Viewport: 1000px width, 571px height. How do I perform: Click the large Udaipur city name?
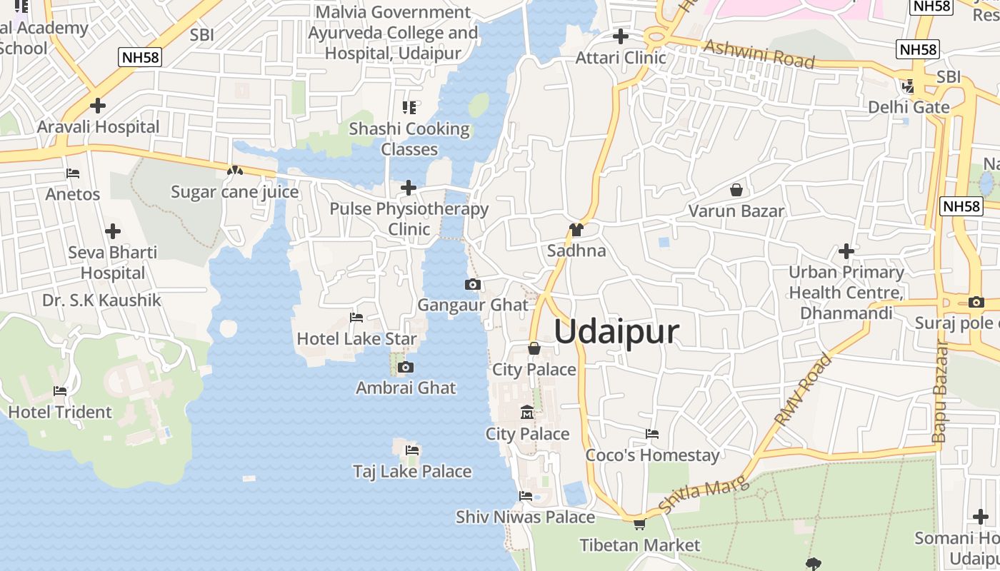click(616, 333)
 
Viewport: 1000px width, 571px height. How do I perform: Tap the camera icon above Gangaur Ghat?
click(472, 285)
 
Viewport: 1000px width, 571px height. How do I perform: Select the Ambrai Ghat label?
click(406, 388)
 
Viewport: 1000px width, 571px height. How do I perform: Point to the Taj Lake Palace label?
click(412, 471)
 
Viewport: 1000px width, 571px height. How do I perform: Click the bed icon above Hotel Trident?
click(60, 391)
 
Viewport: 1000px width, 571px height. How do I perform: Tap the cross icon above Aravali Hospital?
click(98, 106)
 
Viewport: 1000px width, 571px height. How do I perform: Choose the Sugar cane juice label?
click(234, 192)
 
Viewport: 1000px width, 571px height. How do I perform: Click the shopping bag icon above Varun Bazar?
click(736, 190)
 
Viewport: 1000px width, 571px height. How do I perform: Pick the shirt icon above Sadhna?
click(576, 230)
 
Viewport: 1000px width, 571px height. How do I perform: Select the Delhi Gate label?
click(909, 107)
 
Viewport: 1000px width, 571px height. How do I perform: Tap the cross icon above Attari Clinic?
click(621, 36)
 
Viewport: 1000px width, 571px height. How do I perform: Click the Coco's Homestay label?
click(652, 455)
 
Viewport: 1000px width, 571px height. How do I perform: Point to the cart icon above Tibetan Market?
click(639, 525)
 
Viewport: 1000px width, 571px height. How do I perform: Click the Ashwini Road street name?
click(759, 54)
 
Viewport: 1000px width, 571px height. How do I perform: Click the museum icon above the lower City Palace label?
click(527, 413)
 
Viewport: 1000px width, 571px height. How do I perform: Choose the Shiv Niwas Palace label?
click(525, 517)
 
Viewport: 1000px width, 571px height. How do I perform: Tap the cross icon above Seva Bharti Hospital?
click(112, 232)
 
